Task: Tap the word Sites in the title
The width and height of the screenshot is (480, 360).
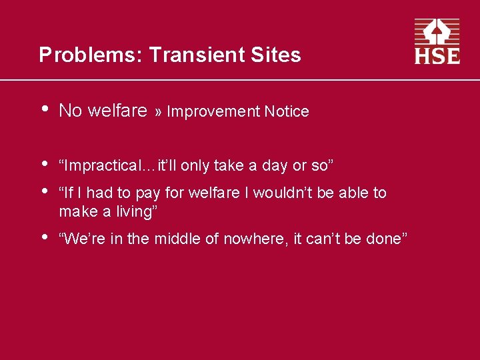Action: (x=281, y=55)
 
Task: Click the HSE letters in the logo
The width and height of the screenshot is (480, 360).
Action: (x=437, y=55)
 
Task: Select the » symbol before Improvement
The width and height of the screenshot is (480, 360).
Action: (x=159, y=112)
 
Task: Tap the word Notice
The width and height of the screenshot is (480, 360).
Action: (x=287, y=112)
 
